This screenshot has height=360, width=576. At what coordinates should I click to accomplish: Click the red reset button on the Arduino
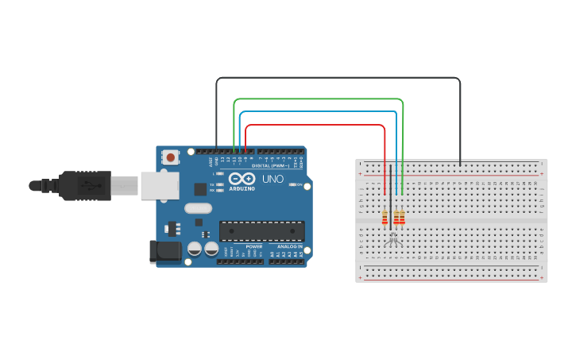(x=171, y=157)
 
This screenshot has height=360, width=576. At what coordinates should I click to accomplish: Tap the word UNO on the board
(x=273, y=180)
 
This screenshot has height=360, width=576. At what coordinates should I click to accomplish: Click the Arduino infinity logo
(x=242, y=179)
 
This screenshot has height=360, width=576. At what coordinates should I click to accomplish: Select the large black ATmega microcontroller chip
(x=261, y=231)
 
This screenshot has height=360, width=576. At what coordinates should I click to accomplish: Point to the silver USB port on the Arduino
(x=160, y=186)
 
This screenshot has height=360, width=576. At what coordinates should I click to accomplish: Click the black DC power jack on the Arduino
(x=166, y=252)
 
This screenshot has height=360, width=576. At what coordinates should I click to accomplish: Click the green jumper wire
(x=318, y=99)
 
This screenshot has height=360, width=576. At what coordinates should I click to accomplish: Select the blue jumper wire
(x=318, y=112)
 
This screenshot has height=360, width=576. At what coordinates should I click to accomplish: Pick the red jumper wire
(x=318, y=125)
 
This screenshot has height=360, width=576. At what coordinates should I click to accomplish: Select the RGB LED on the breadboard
(x=393, y=238)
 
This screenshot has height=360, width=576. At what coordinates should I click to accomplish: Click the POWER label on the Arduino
(x=254, y=246)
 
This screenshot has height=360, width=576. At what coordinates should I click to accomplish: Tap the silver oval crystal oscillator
(x=198, y=209)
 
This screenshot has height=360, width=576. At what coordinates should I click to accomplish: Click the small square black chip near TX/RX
(x=200, y=189)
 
